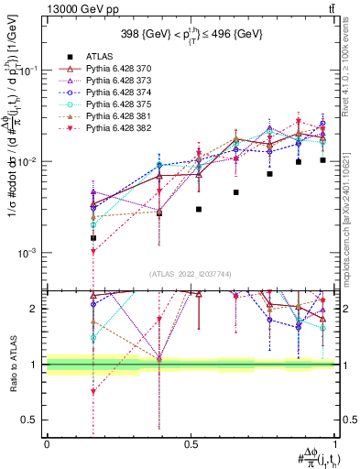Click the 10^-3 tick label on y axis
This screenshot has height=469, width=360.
click(x=29, y=252)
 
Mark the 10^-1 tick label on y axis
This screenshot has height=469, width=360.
click(x=29, y=70)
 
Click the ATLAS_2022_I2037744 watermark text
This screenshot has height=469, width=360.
click(x=191, y=274)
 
